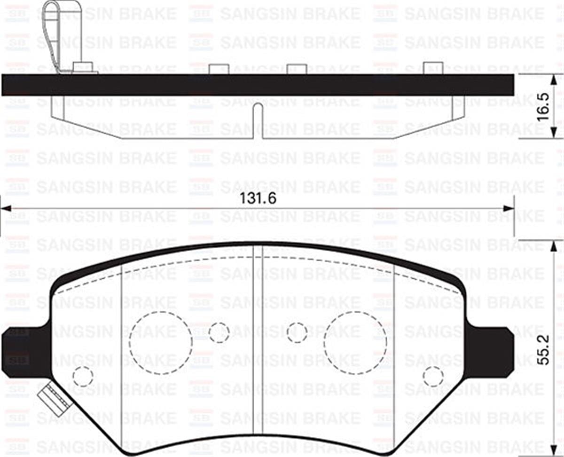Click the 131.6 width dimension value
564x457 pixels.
click(258, 198)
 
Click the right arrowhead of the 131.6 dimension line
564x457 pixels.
click(508, 209)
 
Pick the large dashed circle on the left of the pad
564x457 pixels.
click(161, 343)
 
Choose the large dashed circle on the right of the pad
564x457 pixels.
click(355, 343)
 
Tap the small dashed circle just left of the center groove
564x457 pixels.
click(219, 333)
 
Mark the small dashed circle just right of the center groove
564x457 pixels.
click(297, 333)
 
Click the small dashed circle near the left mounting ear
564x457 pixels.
click(83, 376)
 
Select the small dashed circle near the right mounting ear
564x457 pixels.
click(433, 376)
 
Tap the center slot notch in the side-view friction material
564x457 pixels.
click(258, 120)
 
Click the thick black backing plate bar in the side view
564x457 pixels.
click(258, 85)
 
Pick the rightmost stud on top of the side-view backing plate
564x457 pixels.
click(433, 68)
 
